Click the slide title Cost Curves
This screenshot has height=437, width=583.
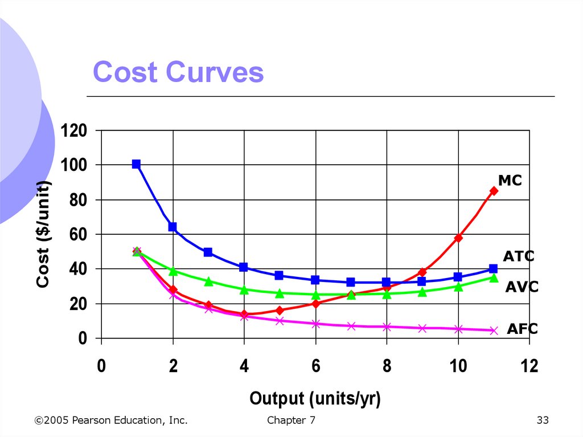(178, 73)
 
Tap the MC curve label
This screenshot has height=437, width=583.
(510, 181)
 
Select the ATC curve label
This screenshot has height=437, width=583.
(519, 256)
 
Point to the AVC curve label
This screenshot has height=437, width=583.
(522, 287)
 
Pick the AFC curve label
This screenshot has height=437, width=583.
(522, 329)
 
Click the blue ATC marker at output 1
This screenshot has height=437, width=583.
(137, 164)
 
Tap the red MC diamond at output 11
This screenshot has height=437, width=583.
(494, 191)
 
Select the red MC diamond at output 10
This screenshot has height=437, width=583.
(458, 238)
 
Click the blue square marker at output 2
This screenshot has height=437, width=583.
(173, 227)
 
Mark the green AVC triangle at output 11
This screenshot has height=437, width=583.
(494, 277)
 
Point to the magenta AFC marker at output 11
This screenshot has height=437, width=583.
(494, 330)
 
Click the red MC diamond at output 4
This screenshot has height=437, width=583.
(244, 314)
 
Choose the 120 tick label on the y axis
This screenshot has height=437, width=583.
(74, 130)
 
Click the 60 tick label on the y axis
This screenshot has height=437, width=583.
(79, 234)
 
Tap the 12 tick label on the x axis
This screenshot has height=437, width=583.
(529, 366)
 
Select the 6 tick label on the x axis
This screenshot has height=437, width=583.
(315, 366)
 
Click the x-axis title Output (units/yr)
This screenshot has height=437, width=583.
(315, 398)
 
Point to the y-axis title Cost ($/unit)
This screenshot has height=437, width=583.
(43, 234)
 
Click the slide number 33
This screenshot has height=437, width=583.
(542, 420)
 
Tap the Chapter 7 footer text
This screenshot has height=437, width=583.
(290, 420)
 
